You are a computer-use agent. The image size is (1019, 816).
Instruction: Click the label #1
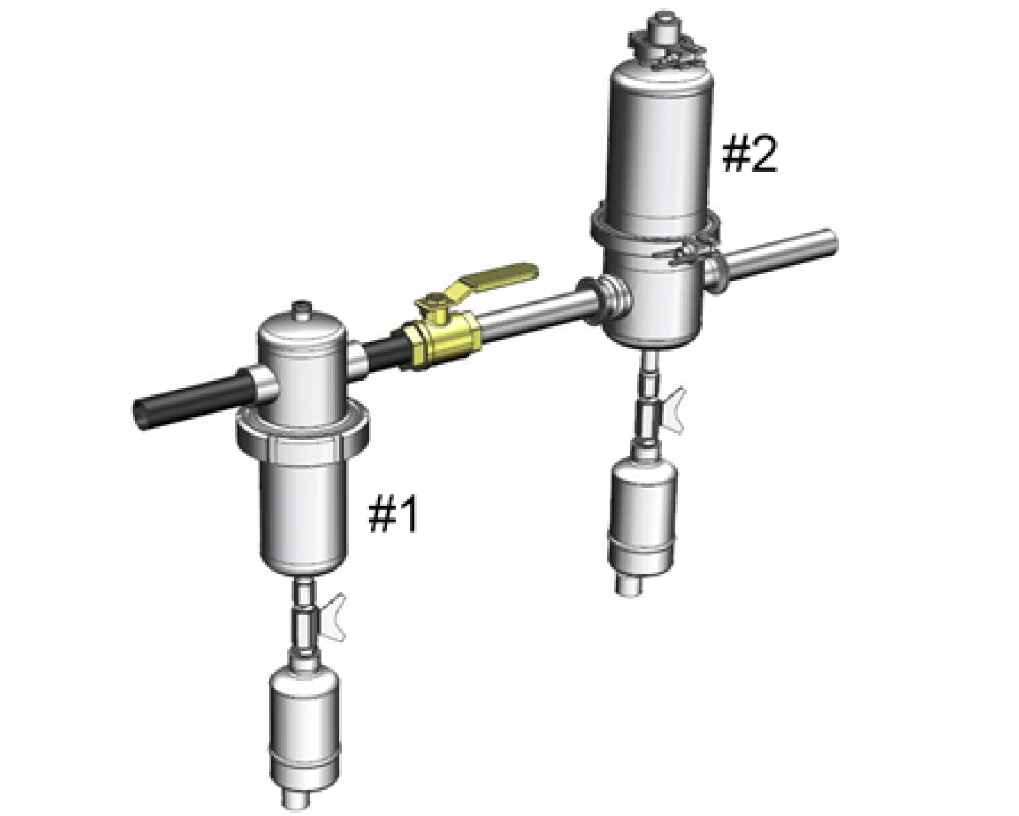click(x=393, y=515)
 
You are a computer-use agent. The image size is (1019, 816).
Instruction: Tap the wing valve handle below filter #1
click(x=334, y=617)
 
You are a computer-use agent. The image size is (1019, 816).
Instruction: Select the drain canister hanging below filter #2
click(x=643, y=516)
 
